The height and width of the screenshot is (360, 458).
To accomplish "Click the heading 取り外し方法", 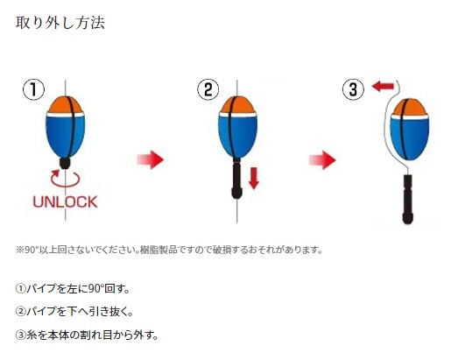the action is click(60, 23).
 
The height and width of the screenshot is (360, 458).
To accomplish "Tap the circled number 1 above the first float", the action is click(33, 89).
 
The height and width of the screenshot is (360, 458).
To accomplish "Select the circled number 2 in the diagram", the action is click(208, 89).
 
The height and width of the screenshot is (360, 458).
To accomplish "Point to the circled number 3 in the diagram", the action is click(353, 89).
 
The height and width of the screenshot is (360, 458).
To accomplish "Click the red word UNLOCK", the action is click(65, 202).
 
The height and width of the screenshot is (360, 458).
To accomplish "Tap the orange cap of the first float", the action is click(66, 105).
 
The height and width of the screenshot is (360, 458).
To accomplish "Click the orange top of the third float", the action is click(409, 107).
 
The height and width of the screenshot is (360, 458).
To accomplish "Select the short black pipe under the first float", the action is click(65, 163).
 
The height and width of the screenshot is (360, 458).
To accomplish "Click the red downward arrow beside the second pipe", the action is click(254, 178).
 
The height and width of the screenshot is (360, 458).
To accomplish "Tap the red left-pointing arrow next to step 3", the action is click(383, 87).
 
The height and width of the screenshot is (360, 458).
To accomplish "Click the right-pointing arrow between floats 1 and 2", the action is click(151, 159).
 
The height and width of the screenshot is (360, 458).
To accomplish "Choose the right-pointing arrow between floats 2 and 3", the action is click(322, 159).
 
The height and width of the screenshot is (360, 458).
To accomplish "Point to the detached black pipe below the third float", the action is click(408, 200).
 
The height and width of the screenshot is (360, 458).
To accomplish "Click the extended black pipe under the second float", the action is click(236, 178).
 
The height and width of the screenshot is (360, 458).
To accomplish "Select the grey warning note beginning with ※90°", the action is click(169, 250).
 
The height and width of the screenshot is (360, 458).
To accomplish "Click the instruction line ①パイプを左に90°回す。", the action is click(73, 289).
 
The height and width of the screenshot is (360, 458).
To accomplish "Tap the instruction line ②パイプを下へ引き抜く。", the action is click(74, 312).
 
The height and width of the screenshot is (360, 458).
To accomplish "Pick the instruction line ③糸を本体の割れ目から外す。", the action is click(87, 335).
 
